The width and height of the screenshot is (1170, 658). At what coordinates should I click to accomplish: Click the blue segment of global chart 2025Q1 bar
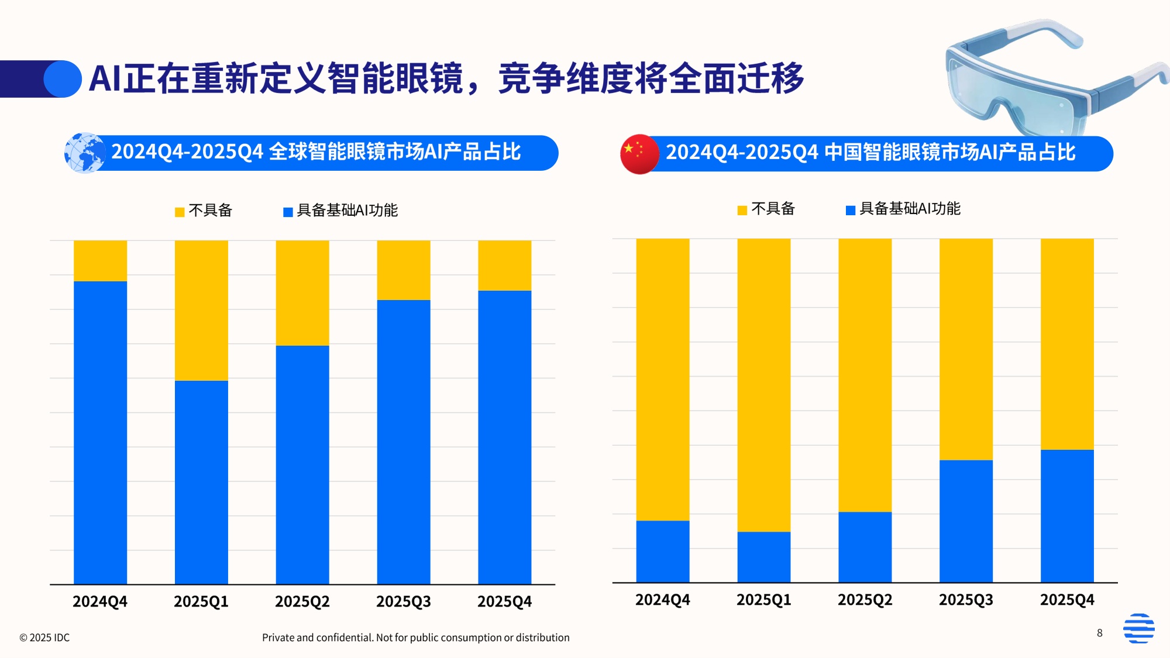(x=201, y=482)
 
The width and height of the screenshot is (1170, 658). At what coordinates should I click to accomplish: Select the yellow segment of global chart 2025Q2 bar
(x=302, y=292)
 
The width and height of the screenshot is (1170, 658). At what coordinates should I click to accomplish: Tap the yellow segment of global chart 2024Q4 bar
(x=100, y=261)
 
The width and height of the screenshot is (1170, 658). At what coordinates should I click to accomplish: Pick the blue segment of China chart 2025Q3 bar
(x=966, y=521)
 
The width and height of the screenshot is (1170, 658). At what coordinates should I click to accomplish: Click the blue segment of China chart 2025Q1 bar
(x=763, y=556)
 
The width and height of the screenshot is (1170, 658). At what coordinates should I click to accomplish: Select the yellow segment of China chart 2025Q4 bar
(x=1067, y=344)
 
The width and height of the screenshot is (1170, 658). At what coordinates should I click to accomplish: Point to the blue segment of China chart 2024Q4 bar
(x=663, y=551)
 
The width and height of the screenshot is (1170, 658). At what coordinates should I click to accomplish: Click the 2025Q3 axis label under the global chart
(x=403, y=601)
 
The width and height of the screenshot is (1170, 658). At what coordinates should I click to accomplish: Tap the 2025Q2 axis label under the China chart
(x=865, y=600)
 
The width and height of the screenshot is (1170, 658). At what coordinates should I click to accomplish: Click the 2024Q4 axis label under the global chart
(x=100, y=601)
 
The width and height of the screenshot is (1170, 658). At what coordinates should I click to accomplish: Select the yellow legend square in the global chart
(x=180, y=212)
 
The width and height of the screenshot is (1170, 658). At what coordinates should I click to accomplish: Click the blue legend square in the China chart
(x=851, y=210)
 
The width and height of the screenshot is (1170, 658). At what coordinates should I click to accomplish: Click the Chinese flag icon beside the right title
(x=639, y=154)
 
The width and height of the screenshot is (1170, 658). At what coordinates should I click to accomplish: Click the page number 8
(x=1100, y=633)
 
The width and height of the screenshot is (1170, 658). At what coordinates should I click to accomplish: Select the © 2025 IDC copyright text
(x=44, y=638)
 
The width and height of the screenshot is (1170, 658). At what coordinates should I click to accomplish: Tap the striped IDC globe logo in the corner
(x=1138, y=628)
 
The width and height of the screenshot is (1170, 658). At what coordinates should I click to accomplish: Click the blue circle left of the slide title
(x=63, y=79)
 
